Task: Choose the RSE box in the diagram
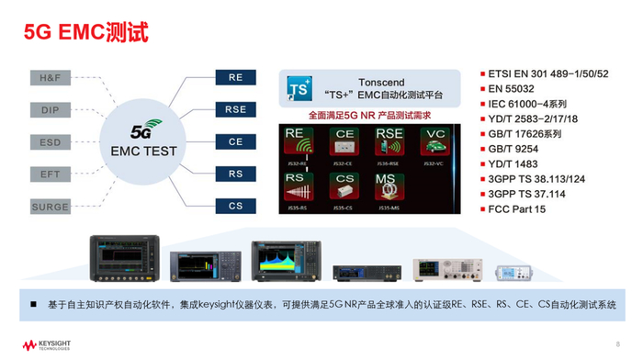coord(235,110)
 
